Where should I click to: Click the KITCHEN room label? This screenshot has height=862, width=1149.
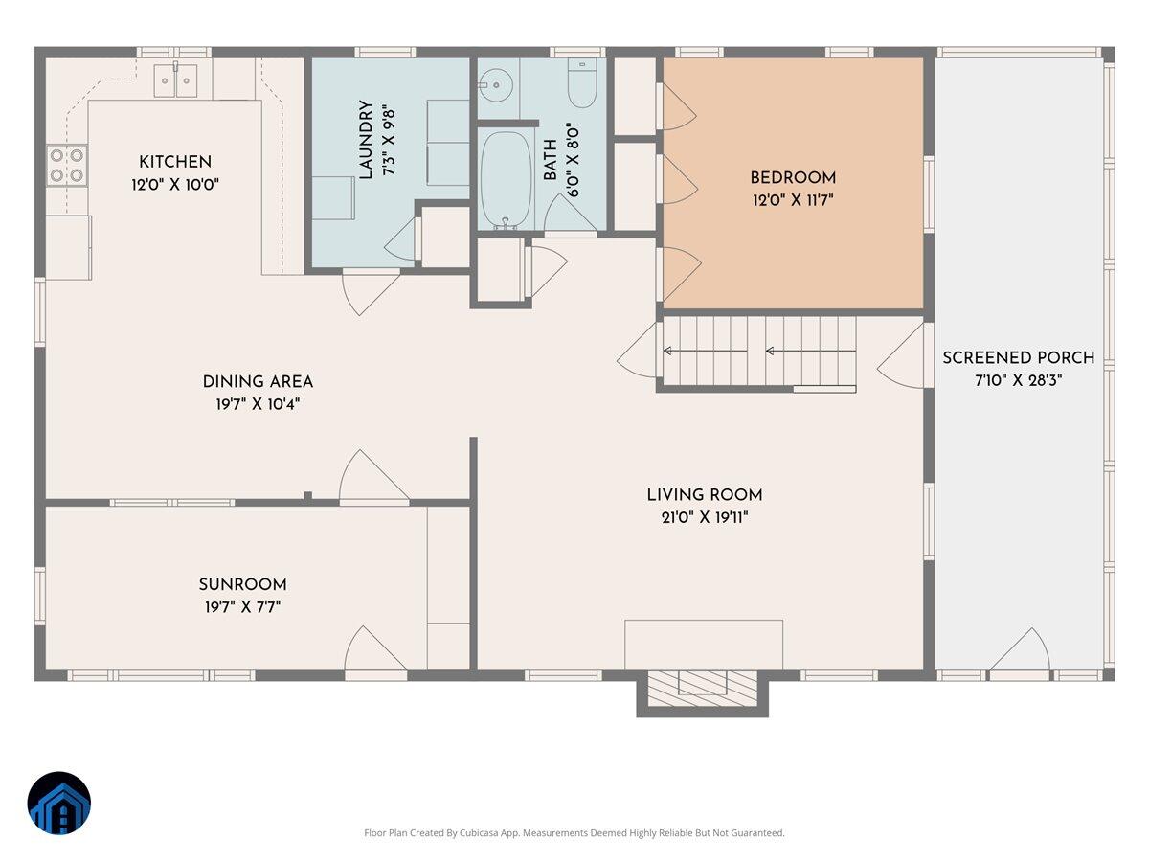175,162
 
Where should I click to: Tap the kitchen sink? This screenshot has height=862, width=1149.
175,80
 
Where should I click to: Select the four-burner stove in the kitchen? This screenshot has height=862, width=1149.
66,165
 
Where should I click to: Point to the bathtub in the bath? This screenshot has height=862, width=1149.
507,179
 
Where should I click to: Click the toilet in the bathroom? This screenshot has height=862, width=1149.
582,83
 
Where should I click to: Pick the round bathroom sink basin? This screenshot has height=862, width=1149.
494,85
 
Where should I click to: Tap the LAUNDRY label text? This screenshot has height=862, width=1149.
366,140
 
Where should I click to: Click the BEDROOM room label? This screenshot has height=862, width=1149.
793,178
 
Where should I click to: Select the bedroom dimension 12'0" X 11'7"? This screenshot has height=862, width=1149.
793,200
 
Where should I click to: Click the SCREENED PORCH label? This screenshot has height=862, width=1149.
1018,358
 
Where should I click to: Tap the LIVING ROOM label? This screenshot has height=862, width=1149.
704,495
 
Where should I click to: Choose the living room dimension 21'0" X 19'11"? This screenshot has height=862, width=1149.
704,517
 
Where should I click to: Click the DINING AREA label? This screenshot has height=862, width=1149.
258,382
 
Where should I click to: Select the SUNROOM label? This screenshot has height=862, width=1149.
242,584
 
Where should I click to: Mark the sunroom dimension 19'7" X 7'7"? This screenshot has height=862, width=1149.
242,607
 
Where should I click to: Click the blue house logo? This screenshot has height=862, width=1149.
59,803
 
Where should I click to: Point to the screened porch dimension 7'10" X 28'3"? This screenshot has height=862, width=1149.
1018,380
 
